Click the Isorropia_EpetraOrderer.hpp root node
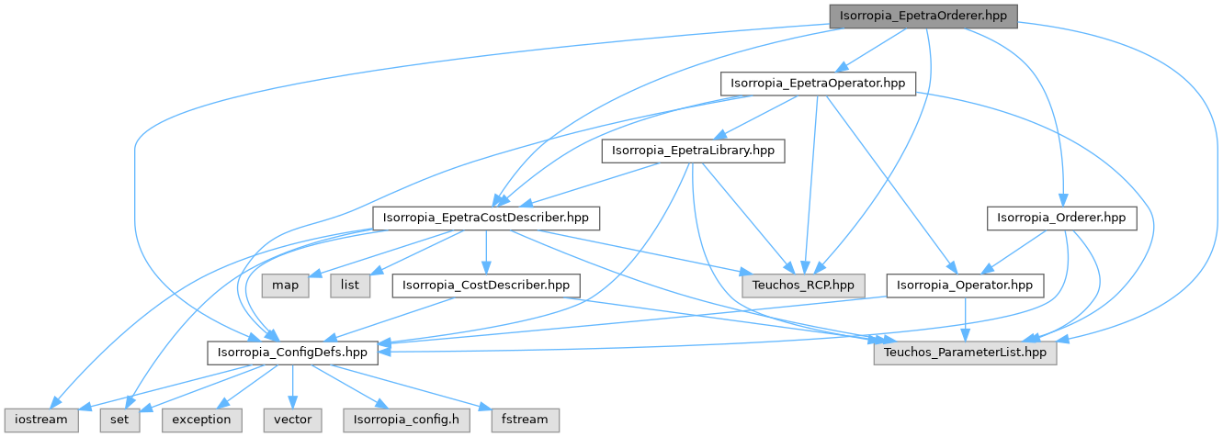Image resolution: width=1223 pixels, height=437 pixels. coord(923,17)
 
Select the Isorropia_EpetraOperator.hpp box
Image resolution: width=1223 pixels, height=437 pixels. coord(818,84)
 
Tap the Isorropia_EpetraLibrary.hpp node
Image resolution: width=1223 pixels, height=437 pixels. coord(693,151)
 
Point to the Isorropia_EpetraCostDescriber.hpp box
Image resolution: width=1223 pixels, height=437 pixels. coord(486,218)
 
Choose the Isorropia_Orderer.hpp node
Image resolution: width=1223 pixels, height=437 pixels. coord(1061,218)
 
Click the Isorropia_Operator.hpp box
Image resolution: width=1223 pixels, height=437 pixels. coord(965,286)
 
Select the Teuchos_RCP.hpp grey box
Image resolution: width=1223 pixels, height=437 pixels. coord(803,286)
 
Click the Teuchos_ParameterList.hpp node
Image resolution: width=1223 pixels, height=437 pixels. coord(965,353)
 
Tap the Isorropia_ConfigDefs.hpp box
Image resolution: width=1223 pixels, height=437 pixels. coord(292,353)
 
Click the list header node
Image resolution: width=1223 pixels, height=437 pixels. coord(349,286)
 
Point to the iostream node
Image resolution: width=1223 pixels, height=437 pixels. coord(40,420)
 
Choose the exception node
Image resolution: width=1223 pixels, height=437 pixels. coord(202,420)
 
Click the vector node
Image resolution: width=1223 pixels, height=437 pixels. coord(292,420)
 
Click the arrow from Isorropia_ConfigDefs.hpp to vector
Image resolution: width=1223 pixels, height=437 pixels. coord(292,386)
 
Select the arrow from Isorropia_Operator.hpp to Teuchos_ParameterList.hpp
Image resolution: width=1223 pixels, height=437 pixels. coord(965,319)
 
